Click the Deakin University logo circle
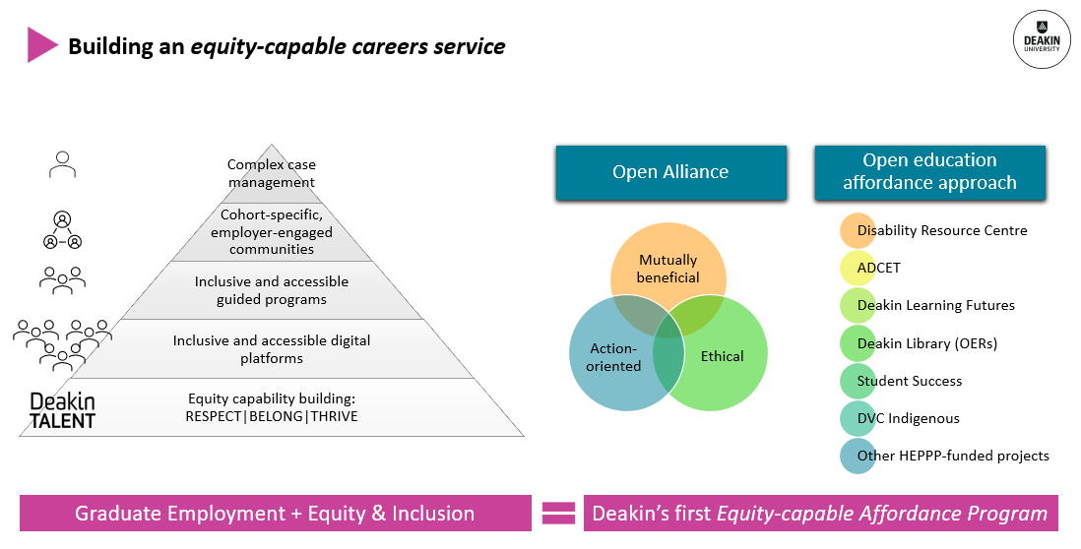tap(1043, 39)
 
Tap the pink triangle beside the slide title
tap(41, 45)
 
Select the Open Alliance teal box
tap(670, 172)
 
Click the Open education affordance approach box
tap(929, 172)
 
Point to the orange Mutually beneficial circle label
tap(668, 269)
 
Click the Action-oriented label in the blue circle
tap(615, 357)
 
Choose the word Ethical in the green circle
tap(722, 356)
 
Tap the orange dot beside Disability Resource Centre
tap(858, 231)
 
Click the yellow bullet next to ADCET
tap(858, 269)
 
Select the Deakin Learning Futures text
tap(935, 305)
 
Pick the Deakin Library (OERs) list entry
tap(926, 343)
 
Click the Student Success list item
tap(909, 381)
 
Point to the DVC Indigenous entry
tap(908, 418)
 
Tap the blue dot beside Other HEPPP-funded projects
tap(858, 456)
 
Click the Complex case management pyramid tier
tap(272, 173)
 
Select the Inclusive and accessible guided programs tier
tap(272, 290)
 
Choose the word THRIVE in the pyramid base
tap(334, 416)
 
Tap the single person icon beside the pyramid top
tap(62, 164)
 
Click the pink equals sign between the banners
tap(558, 513)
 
